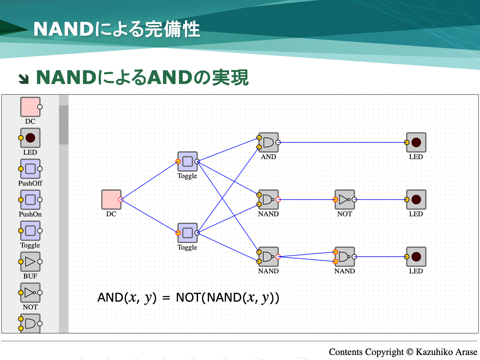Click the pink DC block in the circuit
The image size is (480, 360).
click(x=111, y=199)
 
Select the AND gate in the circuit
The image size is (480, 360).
click(x=268, y=142)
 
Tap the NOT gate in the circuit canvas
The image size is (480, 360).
click(x=345, y=199)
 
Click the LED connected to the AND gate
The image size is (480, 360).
click(x=416, y=142)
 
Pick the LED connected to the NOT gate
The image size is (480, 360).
click(x=416, y=199)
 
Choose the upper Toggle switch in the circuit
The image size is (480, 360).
click(x=187, y=161)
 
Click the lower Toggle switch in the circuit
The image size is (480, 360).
click(x=187, y=233)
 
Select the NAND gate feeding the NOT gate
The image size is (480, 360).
click(x=268, y=199)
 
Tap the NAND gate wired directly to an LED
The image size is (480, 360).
click(x=345, y=257)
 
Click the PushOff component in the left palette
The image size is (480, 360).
click(x=30, y=169)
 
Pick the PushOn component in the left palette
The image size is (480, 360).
click(x=30, y=200)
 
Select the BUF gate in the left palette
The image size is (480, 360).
click(x=30, y=262)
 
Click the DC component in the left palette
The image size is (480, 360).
click(x=30, y=107)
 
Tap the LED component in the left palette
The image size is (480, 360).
click(x=30, y=138)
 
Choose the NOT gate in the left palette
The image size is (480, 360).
click(x=30, y=293)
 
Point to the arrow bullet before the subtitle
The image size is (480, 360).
click(x=24, y=79)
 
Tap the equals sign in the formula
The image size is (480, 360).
click(x=166, y=298)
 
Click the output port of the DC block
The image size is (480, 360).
click(x=121, y=199)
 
